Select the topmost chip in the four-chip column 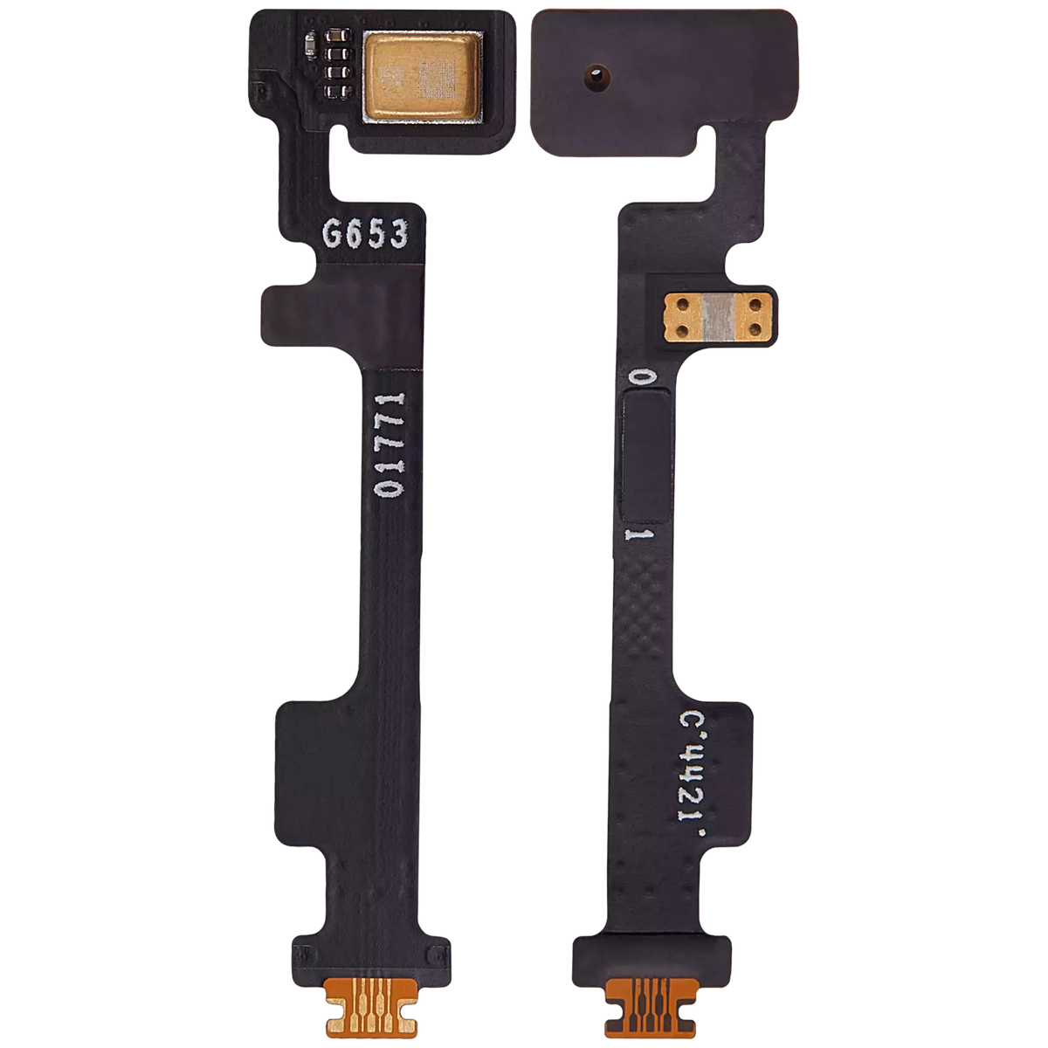pyautogui.click(x=334, y=39)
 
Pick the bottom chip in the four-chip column pyautogui.click(x=334, y=89)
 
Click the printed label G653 pyautogui.click(x=365, y=234)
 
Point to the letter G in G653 pyautogui.click(x=334, y=234)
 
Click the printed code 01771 pyautogui.click(x=390, y=445)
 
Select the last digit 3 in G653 pyautogui.click(x=398, y=234)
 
